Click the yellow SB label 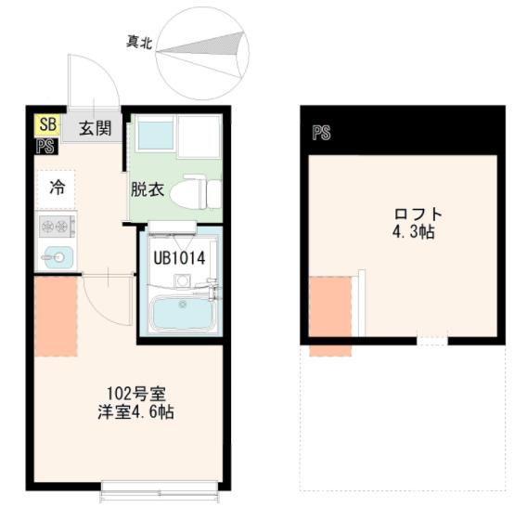click(x=45, y=125)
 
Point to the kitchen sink click(x=56, y=256)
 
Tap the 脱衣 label click(x=147, y=190)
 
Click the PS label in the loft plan click(x=321, y=133)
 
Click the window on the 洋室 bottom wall click(x=159, y=485)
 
